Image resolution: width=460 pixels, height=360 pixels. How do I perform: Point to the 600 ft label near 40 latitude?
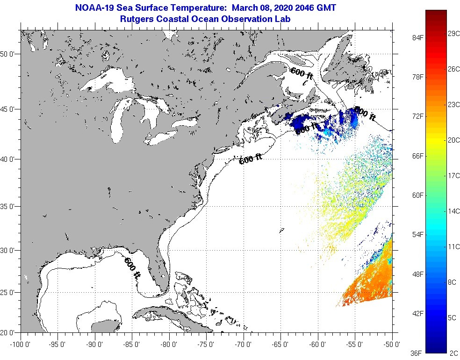tap(250, 160)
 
